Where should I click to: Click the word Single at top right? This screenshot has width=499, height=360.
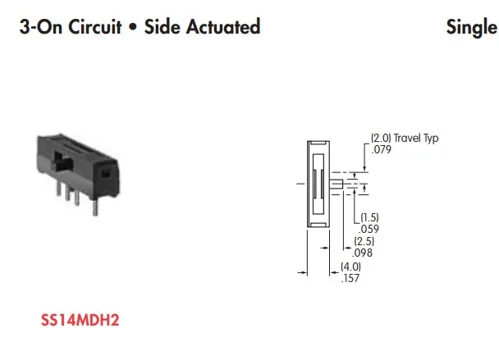click(x=471, y=26)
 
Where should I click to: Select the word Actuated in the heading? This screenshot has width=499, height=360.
click(x=221, y=26)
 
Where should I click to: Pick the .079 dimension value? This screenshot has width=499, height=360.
click(x=382, y=150)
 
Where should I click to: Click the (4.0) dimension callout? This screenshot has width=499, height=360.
click(x=350, y=267)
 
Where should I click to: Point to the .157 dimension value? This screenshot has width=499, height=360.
click(x=350, y=278)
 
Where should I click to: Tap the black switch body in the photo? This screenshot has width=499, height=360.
click(x=78, y=165)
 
